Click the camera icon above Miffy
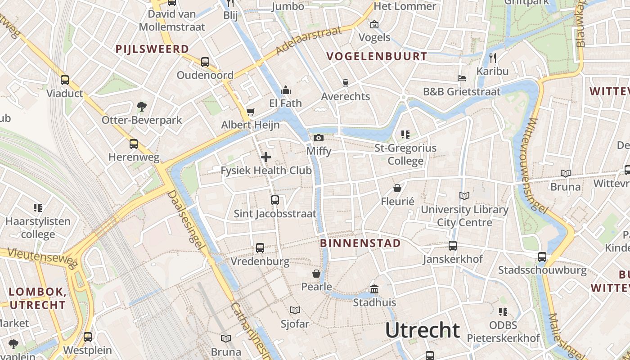(319, 138)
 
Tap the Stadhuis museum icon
(374, 289)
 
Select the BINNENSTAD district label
(360, 243)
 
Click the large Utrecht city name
(423, 330)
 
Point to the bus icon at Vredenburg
(260, 247)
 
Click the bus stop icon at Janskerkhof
(453, 246)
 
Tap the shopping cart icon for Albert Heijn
(250, 112)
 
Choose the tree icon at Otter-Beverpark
(142, 107)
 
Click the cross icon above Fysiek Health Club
(266, 157)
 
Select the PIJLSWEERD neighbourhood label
(152, 49)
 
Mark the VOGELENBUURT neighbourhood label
(377, 56)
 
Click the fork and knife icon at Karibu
(493, 58)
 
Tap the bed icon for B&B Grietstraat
(462, 78)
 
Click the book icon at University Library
(464, 196)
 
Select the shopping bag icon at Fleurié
(397, 188)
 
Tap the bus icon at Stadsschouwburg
(542, 256)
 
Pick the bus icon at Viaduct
(65, 80)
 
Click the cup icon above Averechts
(345, 83)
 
